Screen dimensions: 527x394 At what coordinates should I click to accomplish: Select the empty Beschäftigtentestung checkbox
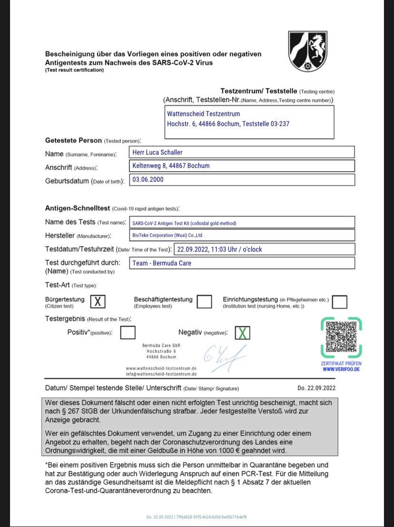tap(205, 302)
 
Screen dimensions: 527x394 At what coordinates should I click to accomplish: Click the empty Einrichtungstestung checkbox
tap(340, 302)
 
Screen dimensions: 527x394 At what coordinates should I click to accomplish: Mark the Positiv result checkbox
tap(128, 332)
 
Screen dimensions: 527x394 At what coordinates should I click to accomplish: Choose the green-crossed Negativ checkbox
tap(243, 332)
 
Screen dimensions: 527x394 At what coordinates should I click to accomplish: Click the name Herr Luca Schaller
tap(158, 152)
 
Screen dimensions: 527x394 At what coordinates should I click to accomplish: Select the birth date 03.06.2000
tap(148, 180)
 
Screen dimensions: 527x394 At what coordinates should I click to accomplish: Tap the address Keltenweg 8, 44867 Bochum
tap(171, 166)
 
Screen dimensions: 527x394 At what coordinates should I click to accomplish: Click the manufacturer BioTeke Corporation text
tap(167, 235)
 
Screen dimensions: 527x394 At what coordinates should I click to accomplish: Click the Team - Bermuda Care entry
tap(162, 263)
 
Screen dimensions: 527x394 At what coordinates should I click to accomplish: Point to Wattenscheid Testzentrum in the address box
tap(203, 114)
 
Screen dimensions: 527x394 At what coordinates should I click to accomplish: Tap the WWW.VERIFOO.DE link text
tap(341, 369)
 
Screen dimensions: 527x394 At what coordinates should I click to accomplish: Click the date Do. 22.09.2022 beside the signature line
tap(316, 388)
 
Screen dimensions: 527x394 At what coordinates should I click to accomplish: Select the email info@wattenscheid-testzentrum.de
tap(161, 374)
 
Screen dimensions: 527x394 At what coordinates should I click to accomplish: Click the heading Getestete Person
tap(73, 140)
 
